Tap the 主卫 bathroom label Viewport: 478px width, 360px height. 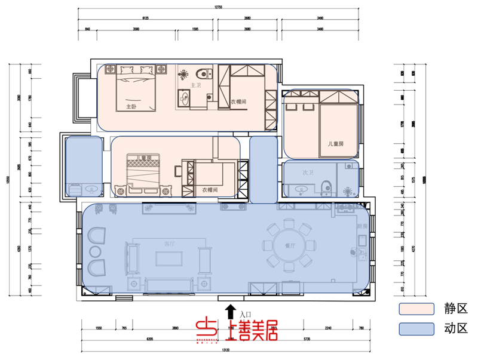pos(195,86)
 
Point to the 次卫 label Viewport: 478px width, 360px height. pos(308,173)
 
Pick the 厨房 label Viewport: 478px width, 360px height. pos(361,227)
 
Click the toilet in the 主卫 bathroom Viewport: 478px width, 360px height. pos(206,75)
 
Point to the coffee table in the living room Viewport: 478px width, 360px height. pos(170,258)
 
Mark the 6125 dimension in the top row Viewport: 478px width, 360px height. pos(145,18)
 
